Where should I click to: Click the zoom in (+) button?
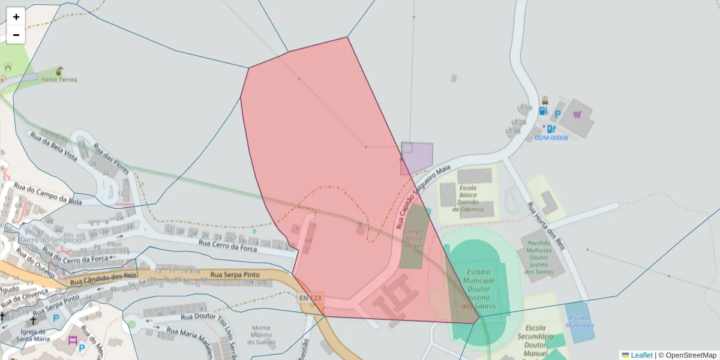pyautogui.click(x=16, y=17)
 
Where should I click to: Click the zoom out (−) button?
pyautogui.click(x=16, y=35)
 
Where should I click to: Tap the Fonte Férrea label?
pyautogui.click(x=59, y=79)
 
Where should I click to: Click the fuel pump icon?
pyautogui.click(x=543, y=110)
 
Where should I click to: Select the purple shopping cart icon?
pyautogui.click(x=577, y=114)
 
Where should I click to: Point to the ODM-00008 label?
pyautogui.click(x=551, y=138)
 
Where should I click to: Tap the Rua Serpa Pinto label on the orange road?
pyautogui.click(x=235, y=275)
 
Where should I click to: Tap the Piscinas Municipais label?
pyautogui.click(x=579, y=322)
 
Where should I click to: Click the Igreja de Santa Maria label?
pyautogui.click(x=33, y=334)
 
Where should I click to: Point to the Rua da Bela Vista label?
pyautogui.click(x=54, y=148)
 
